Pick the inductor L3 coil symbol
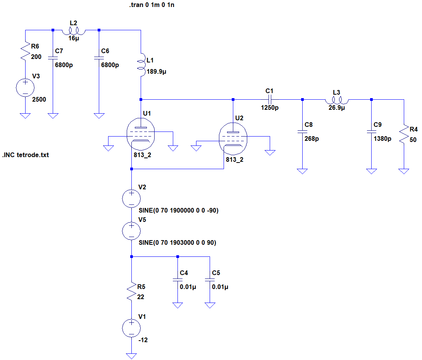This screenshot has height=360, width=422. click(x=336, y=100)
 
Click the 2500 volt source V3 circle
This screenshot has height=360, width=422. click(x=25, y=88)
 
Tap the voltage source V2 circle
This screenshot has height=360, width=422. click(x=132, y=199)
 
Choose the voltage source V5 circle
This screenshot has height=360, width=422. click(x=132, y=231)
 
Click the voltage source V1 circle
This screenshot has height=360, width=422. click(x=132, y=328)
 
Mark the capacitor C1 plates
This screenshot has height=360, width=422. click(x=270, y=100)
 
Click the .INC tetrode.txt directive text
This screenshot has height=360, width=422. click(x=26, y=155)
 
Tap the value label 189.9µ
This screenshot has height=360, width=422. click(x=156, y=72)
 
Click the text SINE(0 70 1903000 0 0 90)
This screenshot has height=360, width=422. click(x=177, y=243)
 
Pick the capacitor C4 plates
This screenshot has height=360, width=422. click(x=177, y=280)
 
